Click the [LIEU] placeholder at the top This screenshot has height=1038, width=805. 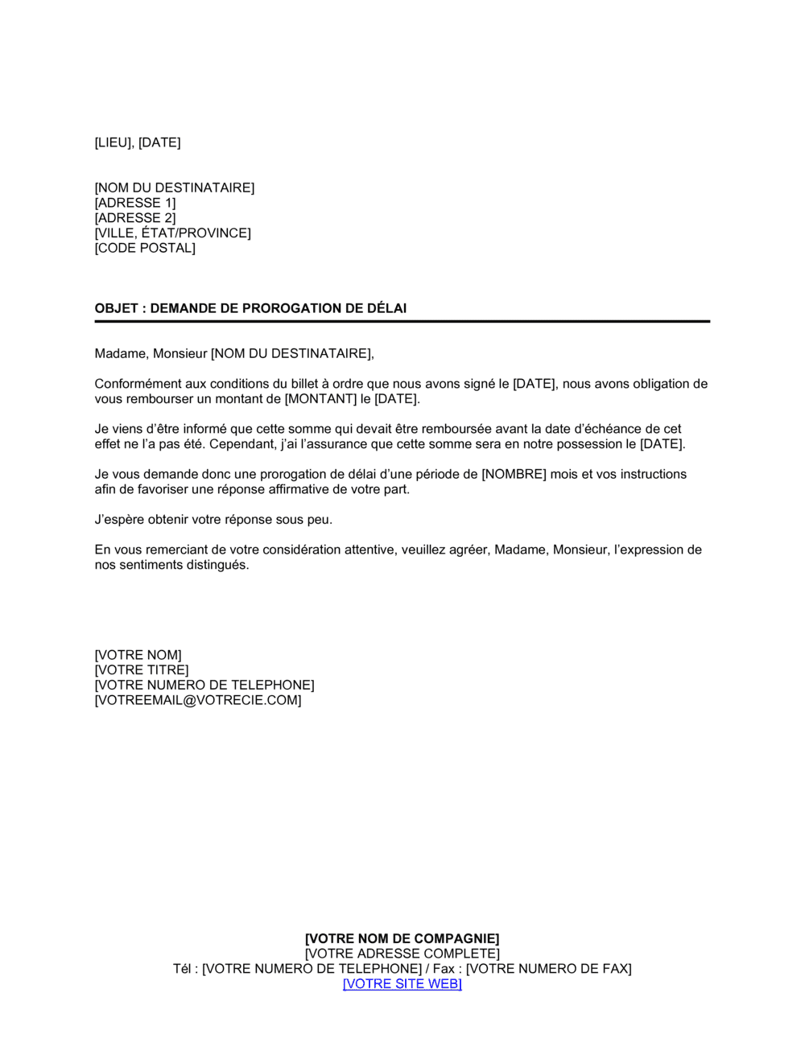(x=114, y=142)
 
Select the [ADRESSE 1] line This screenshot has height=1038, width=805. (x=134, y=203)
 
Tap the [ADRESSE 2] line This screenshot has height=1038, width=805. (x=134, y=218)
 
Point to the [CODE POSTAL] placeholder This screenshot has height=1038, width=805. (x=145, y=248)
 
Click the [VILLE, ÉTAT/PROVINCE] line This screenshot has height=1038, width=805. (x=172, y=233)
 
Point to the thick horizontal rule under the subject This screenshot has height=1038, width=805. (x=402, y=322)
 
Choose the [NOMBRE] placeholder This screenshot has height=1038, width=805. (x=514, y=475)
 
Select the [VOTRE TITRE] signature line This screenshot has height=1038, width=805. (x=142, y=670)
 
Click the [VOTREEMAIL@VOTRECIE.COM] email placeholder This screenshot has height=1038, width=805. (x=198, y=700)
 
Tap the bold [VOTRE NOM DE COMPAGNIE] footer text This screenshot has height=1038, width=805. (x=402, y=938)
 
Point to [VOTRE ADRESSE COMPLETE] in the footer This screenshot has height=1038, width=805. (x=402, y=954)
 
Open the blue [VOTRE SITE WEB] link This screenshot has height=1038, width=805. (x=402, y=984)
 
